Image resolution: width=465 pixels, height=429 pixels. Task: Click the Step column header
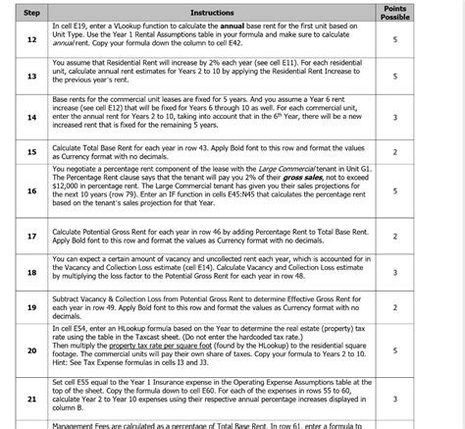pos(31,12)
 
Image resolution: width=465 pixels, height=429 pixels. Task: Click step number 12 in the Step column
pos(31,39)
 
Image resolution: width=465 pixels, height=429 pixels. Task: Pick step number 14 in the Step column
pos(31,117)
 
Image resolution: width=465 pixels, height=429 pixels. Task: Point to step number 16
pos(31,191)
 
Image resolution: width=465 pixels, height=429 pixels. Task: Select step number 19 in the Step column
pos(31,306)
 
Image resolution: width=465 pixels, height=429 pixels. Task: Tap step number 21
pos(31,399)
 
